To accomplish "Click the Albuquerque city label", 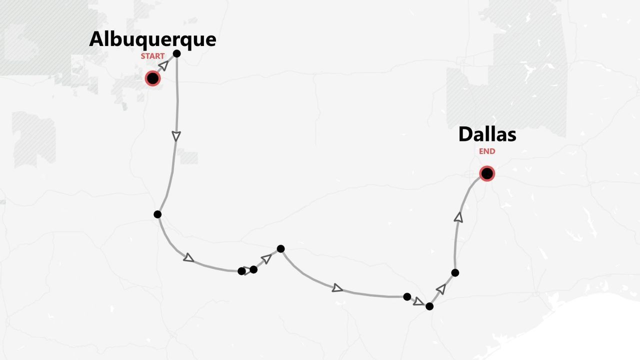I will pyautogui.click(x=152, y=39).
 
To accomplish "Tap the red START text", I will pyautogui.click(x=152, y=56).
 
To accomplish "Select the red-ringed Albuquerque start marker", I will pyautogui.click(x=152, y=78).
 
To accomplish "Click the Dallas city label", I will pyautogui.click(x=487, y=134).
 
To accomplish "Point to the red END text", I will pyautogui.click(x=487, y=151).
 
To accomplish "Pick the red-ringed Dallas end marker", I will pyautogui.click(x=487, y=173).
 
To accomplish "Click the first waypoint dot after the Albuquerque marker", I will pyautogui.click(x=176, y=53).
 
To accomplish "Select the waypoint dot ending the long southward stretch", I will pyautogui.click(x=157, y=214).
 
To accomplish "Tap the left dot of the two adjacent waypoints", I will pyautogui.click(x=241, y=271).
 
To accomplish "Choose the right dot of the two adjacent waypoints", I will pyautogui.click(x=253, y=269).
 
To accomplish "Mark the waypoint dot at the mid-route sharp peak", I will pyautogui.click(x=280, y=248).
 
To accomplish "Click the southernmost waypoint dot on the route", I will pyautogui.click(x=429, y=306).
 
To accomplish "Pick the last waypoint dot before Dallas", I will pyautogui.click(x=455, y=272).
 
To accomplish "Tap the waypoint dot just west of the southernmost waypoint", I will pyautogui.click(x=407, y=296).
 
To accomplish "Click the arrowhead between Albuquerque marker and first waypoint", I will pyautogui.click(x=163, y=65).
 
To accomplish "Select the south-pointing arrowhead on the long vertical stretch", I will pyautogui.click(x=176, y=135).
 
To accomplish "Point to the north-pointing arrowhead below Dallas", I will pyautogui.click(x=458, y=217).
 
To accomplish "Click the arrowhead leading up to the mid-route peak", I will pyautogui.click(x=266, y=258).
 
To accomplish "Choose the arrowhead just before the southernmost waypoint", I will pyautogui.click(x=418, y=301).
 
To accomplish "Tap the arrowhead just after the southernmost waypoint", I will pyautogui.click(x=441, y=288).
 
